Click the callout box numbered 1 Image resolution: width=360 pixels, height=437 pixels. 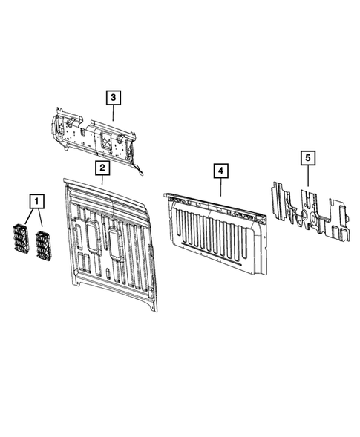point(36,199)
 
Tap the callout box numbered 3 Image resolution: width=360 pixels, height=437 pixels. point(113,96)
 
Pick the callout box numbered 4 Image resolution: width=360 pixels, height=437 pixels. point(220,170)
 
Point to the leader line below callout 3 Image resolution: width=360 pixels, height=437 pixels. point(113,112)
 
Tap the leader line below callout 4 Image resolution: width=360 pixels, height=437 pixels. point(220,186)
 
